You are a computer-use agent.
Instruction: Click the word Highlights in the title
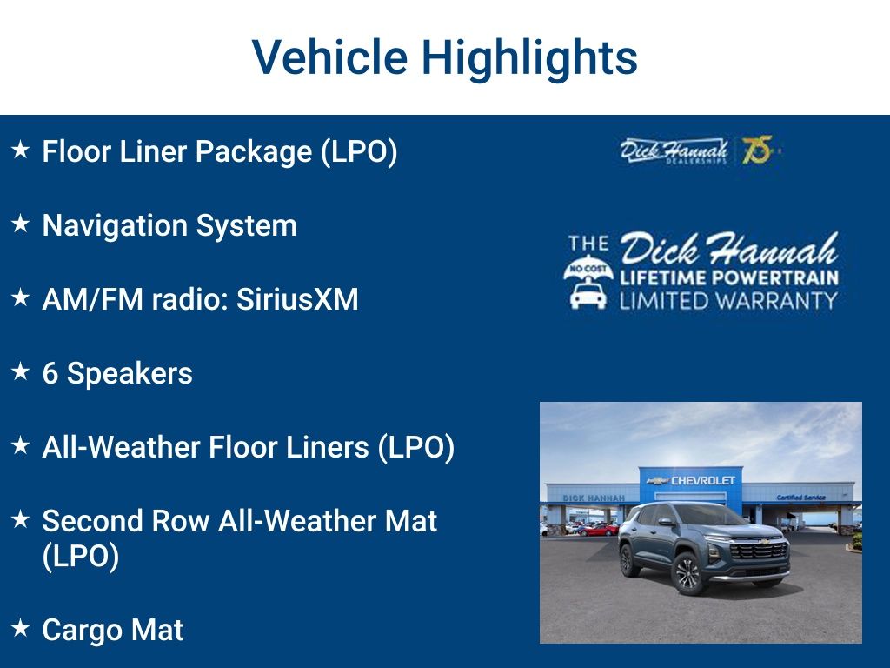click(529, 57)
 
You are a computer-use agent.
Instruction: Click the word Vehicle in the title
click(329, 57)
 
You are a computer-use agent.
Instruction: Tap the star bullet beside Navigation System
click(20, 224)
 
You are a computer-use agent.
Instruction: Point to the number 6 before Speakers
click(50, 373)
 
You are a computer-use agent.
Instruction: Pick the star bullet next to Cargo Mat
click(20, 628)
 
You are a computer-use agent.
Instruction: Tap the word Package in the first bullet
click(253, 151)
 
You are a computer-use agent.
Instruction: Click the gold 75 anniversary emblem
click(756, 150)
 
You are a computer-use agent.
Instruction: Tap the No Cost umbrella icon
click(588, 271)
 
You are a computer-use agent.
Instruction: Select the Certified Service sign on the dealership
click(801, 497)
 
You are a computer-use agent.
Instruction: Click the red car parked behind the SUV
click(599, 529)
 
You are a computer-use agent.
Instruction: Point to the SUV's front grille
click(760, 551)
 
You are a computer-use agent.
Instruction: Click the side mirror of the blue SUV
click(666, 523)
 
